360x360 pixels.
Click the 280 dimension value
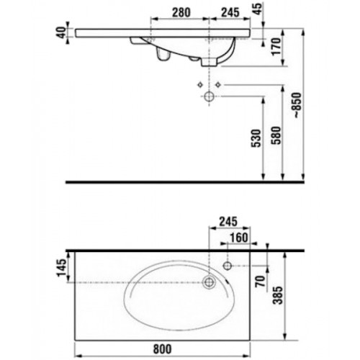click(x=181, y=12)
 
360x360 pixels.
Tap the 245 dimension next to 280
click(x=230, y=12)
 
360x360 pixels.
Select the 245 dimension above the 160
click(x=228, y=222)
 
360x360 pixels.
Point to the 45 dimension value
click(x=258, y=9)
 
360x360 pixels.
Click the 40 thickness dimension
click(x=61, y=32)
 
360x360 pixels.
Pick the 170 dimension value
click(x=276, y=47)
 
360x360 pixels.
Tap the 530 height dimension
click(x=256, y=138)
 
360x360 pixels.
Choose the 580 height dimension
click(x=276, y=135)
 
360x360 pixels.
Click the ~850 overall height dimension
click(x=297, y=105)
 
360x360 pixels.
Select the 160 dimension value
click(x=239, y=238)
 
